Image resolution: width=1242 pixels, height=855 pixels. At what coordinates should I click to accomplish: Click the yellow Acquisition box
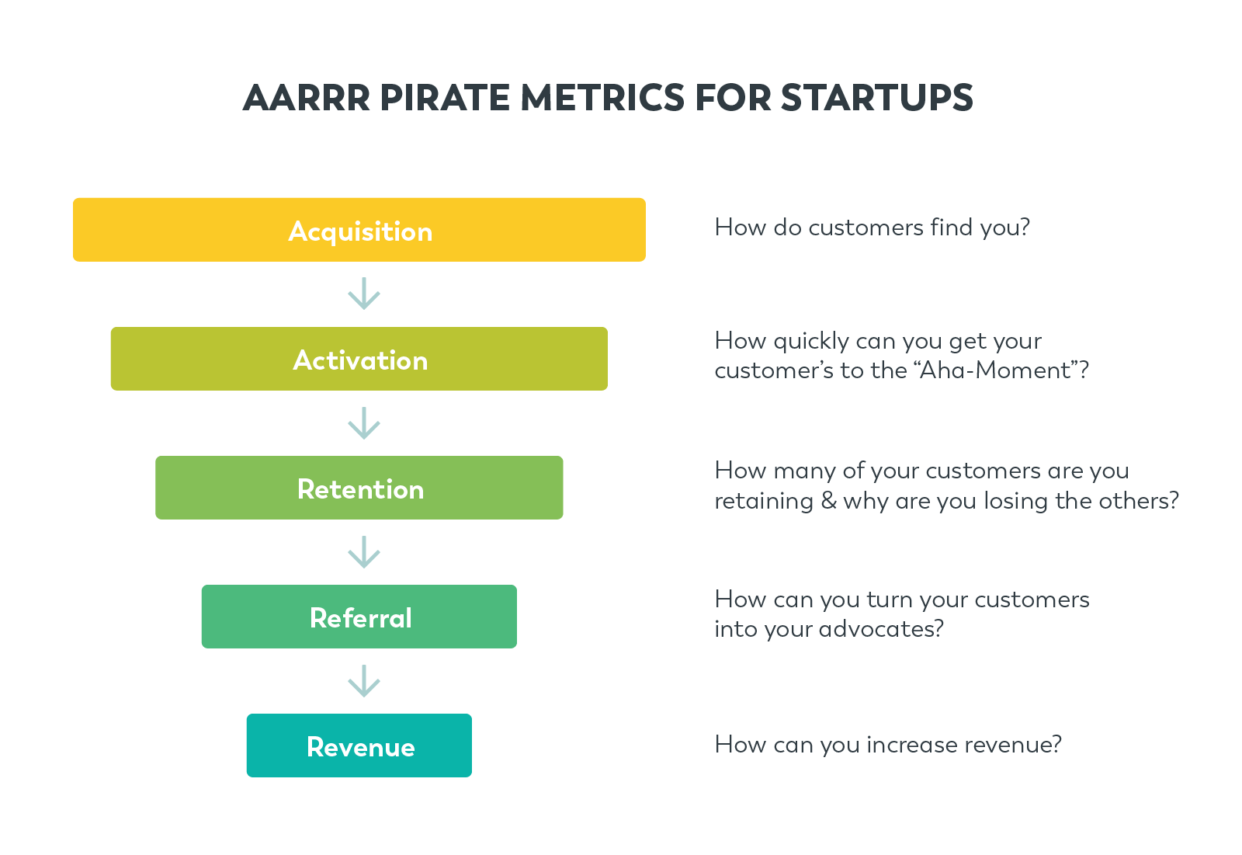[x=359, y=230]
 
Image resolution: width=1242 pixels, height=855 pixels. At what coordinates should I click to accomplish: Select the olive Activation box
[x=359, y=359]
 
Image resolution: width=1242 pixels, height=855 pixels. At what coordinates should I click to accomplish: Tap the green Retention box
[x=359, y=488]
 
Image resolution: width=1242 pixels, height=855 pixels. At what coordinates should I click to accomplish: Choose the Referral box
[x=359, y=617]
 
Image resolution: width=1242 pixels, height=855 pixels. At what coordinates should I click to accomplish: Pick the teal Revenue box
[x=359, y=746]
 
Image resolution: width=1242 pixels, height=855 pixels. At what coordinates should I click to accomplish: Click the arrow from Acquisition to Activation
[x=363, y=294]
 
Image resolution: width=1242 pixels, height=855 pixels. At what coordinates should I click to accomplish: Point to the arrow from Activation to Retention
[x=363, y=423]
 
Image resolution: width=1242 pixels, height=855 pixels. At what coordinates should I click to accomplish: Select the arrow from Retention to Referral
[x=363, y=552]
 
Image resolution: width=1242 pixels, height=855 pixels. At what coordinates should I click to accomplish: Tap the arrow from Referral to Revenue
[x=363, y=681]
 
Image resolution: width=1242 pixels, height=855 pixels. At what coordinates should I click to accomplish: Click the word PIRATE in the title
[x=446, y=99]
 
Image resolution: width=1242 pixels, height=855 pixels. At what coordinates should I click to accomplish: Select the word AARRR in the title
[x=307, y=99]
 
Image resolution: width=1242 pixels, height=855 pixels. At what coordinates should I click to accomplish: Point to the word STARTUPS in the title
[x=876, y=99]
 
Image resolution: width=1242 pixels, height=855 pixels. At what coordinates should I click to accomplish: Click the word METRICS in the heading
[x=603, y=99]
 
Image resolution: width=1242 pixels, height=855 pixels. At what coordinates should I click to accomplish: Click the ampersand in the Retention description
[x=828, y=500]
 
